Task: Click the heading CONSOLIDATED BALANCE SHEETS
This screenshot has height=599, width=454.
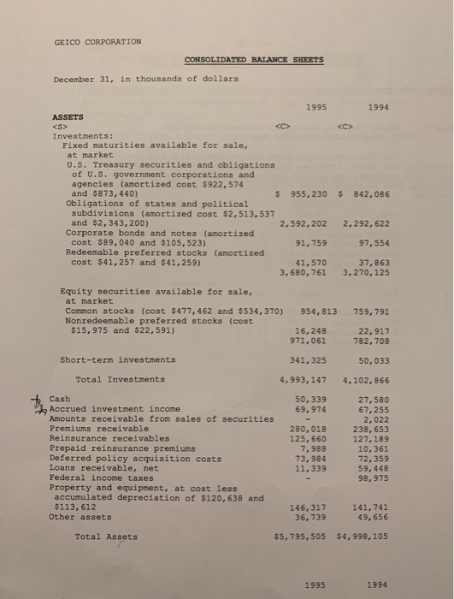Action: [254, 59]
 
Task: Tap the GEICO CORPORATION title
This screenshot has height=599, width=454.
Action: [97, 41]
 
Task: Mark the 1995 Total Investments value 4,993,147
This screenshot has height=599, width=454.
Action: [304, 379]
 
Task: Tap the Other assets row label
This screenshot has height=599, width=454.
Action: [75, 517]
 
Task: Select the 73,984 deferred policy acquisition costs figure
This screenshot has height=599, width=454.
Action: [311, 458]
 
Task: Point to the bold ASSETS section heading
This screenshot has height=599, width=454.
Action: [68, 116]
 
